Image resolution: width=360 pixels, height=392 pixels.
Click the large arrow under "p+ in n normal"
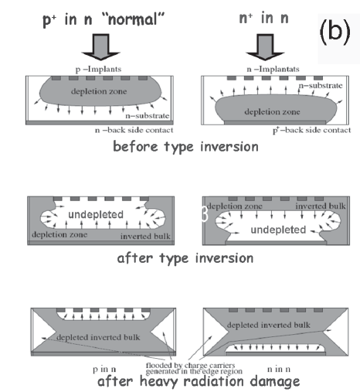[100, 46]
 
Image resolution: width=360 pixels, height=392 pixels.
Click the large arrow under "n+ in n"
[265, 46]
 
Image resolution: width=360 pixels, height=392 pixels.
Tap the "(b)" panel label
[335, 32]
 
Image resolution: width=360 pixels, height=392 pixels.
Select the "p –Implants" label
[98, 70]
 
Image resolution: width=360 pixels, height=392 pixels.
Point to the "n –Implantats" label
[273, 70]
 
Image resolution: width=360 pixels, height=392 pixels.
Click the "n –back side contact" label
[134, 130]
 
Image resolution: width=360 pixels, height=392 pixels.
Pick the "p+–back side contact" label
[311, 130]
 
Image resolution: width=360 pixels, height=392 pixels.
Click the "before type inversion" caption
[185, 147]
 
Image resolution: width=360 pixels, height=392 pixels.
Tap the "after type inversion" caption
[185, 258]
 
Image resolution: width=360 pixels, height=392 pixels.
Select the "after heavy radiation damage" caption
[199, 381]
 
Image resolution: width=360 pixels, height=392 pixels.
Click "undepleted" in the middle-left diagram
[96, 214]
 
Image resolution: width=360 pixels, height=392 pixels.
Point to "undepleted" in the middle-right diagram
[278, 230]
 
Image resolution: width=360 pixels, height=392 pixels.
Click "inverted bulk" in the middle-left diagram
[145, 237]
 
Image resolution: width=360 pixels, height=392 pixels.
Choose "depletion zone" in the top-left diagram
[99, 91]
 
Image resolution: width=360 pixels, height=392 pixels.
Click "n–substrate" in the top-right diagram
[321, 86]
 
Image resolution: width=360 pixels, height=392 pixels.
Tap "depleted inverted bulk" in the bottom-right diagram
[269, 325]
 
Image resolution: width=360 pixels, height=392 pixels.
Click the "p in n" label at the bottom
[104, 370]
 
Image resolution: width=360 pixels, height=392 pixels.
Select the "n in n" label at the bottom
[279, 370]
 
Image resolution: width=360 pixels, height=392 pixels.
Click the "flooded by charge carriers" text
[190, 366]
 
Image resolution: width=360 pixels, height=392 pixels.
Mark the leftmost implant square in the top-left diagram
[56, 78]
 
